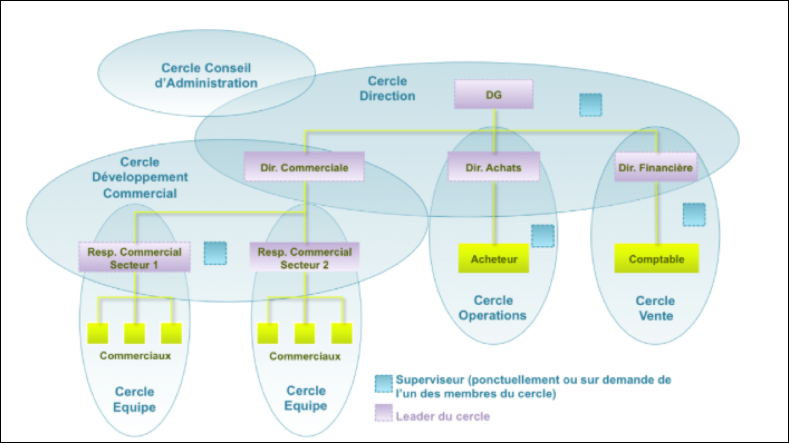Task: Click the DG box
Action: click(x=494, y=94)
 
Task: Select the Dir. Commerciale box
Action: click(x=305, y=167)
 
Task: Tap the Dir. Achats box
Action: click(x=494, y=167)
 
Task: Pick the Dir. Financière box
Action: click(x=656, y=167)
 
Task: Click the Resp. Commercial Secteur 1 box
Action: click(x=134, y=257)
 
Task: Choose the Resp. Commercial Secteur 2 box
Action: click(x=305, y=257)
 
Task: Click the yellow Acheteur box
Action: click(x=494, y=259)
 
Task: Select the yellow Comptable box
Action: click(x=656, y=259)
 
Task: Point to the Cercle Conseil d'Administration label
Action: click(x=206, y=76)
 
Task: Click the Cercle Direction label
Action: click(x=387, y=88)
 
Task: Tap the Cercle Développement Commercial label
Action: click(x=140, y=178)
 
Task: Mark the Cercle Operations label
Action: click(x=493, y=308)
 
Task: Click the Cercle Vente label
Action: click(x=655, y=308)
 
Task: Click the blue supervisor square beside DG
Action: click(x=590, y=105)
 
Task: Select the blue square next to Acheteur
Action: click(x=543, y=236)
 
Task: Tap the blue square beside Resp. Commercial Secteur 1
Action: click(x=215, y=253)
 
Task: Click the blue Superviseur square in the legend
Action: click(x=384, y=383)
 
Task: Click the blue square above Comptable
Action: click(x=694, y=214)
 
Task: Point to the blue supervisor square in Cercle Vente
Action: click(x=694, y=214)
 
